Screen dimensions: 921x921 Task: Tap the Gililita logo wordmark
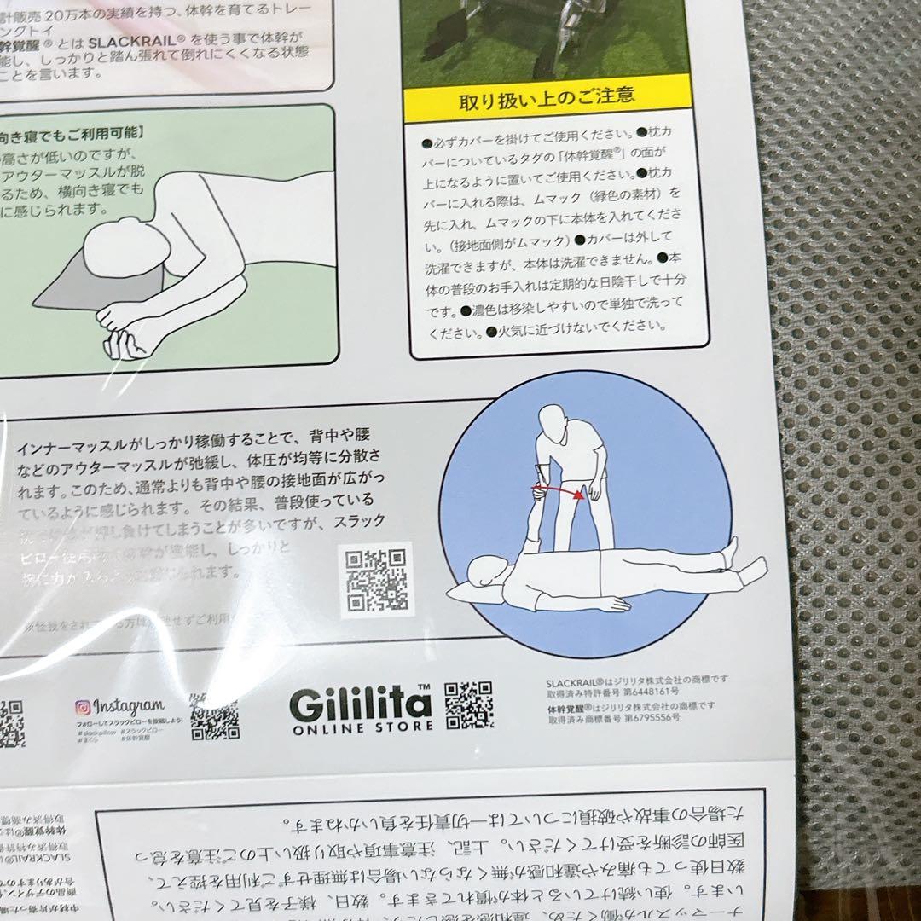360,704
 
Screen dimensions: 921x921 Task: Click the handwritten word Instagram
128,705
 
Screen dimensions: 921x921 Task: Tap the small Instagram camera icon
83,707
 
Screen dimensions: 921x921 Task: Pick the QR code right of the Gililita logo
468,704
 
